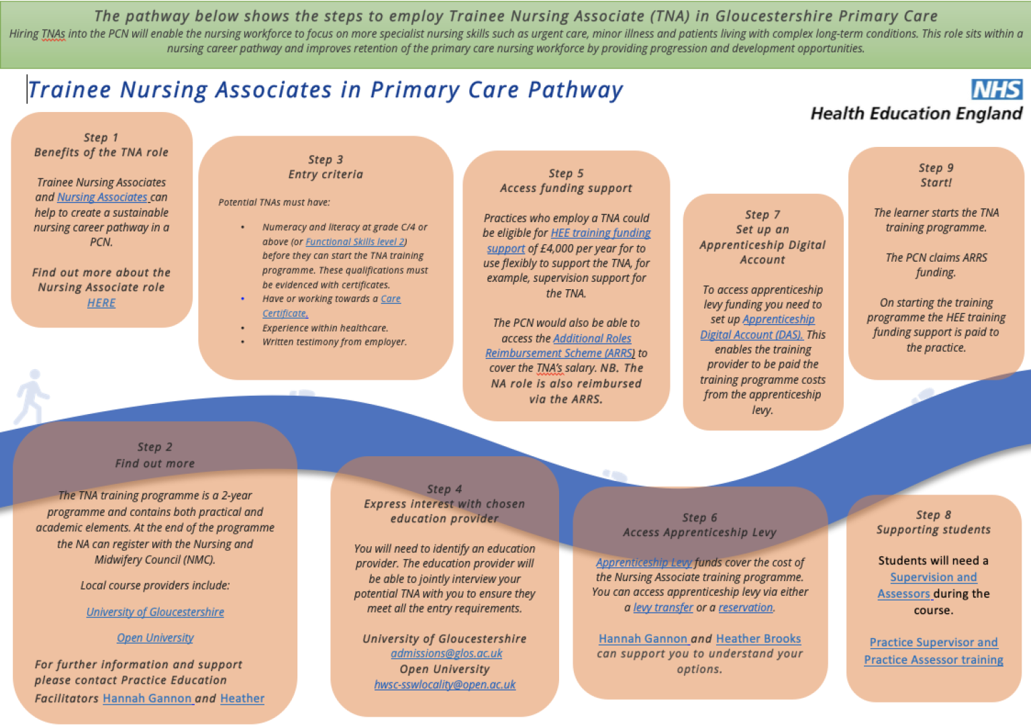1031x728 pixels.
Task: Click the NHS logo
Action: [x=996, y=89]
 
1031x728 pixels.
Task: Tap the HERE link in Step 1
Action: [x=101, y=303]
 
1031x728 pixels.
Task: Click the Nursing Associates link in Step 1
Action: [x=102, y=197]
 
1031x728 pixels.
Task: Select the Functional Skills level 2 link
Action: [x=355, y=242]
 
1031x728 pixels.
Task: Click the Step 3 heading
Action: [x=326, y=160]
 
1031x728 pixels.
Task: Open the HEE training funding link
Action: [x=600, y=233]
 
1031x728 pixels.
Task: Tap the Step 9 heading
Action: [x=936, y=168]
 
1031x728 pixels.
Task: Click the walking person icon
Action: [x=32, y=396]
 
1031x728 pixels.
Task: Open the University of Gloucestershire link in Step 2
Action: [x=155, y=612]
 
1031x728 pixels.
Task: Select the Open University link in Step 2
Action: [x=155, y=637]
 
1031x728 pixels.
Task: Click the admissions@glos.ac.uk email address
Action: [x=446, y=654]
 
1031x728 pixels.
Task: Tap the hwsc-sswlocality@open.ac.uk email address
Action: [x=444, y=684]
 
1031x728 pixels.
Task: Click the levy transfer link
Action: [x=663, y=607]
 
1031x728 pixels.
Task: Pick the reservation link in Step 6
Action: [x=745, y=607]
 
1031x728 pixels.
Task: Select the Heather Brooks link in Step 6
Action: [x=758, y=639]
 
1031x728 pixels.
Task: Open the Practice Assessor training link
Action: [x=933, y=660]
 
